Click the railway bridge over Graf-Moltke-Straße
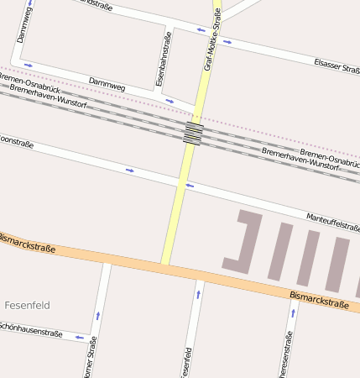(193, 133)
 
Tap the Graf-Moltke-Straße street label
(212, 39)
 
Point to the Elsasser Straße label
(336, 66)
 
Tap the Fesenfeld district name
(28, 304)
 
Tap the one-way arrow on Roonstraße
(129, 171)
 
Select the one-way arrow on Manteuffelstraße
(190, 186)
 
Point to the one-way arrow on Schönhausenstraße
(78, 338)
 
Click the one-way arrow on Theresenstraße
(293, 312)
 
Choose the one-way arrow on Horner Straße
(100, 315)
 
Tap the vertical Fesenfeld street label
(187, 361)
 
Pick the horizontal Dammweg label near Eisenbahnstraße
(107, 85)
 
